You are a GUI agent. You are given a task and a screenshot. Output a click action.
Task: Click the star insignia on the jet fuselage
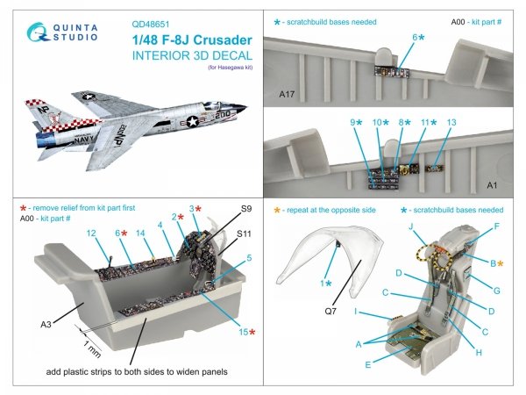191,123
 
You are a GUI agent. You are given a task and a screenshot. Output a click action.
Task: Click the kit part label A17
286,92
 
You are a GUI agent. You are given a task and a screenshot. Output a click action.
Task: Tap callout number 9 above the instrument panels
354,122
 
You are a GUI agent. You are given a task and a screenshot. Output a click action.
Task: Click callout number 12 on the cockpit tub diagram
91,233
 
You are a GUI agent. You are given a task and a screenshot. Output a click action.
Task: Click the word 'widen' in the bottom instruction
182,372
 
